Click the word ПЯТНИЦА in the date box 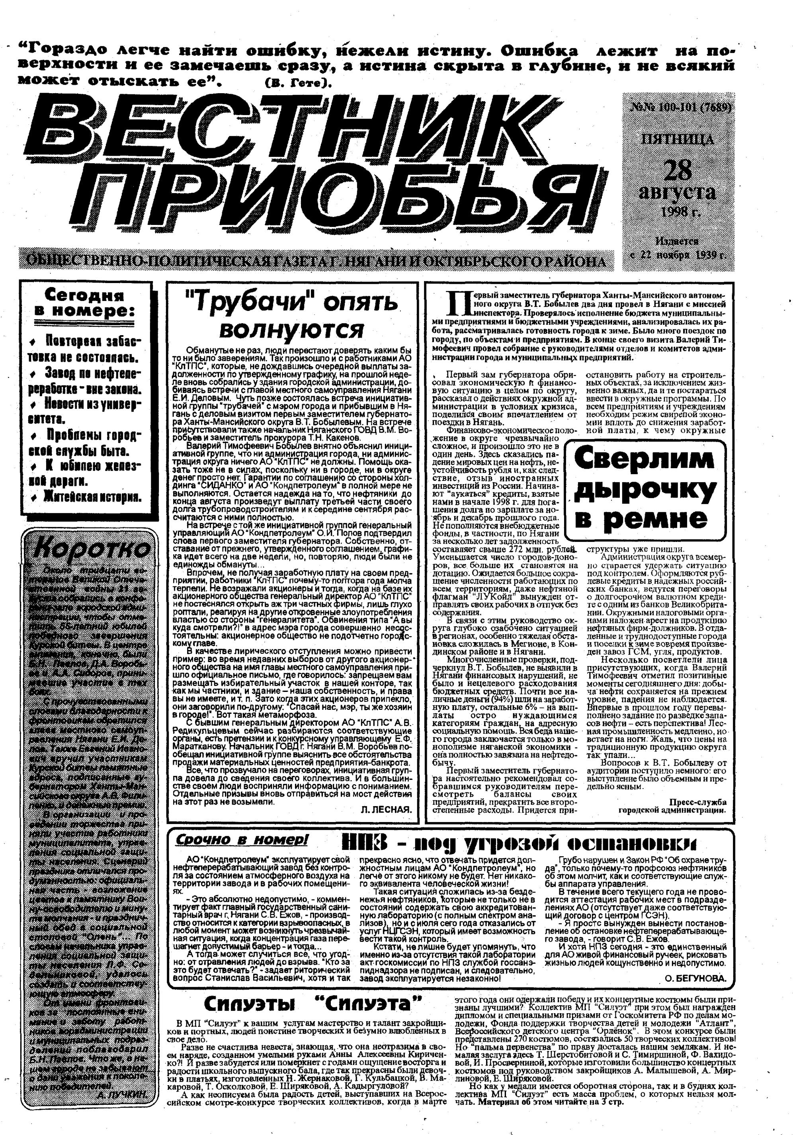tap(677, 139)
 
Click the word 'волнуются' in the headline tap(291, 328)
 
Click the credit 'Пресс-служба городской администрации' tap(672, 805)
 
